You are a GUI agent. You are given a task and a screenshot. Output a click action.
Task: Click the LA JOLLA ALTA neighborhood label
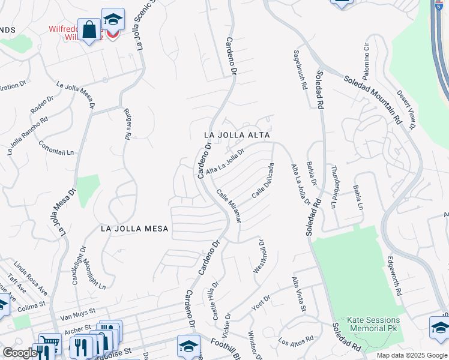pyautogui.click(x=235, y=136)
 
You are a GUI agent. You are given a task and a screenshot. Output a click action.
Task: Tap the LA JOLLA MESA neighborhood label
pyautogui.click(x=134, y=229)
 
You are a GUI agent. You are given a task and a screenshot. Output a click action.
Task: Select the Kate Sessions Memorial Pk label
pyautogui.click(x=368, y=325)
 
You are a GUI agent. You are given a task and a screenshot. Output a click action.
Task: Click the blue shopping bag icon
pyautogui.click(x=89, y=30)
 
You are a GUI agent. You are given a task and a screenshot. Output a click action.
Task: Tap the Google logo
pyautogui.click(x=20, y=353)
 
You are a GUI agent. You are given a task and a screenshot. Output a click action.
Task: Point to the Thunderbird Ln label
pyautogui.click(x=335, y=185)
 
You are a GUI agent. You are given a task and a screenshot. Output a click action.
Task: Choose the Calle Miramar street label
pyautogui.click(x=229, y=206)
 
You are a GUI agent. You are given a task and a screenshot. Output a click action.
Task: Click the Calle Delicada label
pyautogui.click(x=263, y=181)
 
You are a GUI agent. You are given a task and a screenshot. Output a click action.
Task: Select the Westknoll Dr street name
pyautogui.click(x=259, y=257)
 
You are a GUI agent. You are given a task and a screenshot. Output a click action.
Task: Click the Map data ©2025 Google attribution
pyautogui.click(x=412, y=355)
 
